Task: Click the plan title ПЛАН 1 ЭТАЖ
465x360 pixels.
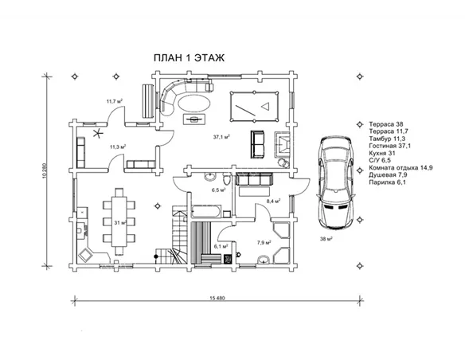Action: click(x=189, y=58)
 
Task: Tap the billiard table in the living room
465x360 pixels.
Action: click(x=255, y=106)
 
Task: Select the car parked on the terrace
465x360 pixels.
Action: click(x=336, y=182)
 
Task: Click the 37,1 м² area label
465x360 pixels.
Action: click(x=221, y=137)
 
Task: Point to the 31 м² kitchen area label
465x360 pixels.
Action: click(x=121, y=223)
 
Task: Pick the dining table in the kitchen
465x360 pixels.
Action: click(x=119, y=221)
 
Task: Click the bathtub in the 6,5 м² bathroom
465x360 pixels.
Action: click(x=205, y=211)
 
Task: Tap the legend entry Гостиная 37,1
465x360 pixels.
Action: click(x=390, y=146)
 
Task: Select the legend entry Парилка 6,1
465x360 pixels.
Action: click(x=387, y=182)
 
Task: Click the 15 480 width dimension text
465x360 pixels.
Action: click(x=217, y=298)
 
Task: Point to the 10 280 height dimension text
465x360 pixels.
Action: click(x=45, y=170)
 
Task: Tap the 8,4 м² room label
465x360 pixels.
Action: click(x=273, y=201)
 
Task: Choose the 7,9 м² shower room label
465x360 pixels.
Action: click(x=264, y=243)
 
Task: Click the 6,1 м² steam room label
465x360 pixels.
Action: click(x=221, y=246)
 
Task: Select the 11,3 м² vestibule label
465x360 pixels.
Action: click(x=118, y=147)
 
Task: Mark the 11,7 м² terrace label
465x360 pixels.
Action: click(x=115, y=101)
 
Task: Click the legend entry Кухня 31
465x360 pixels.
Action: click(x=382, y=153)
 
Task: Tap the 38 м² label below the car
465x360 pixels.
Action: click(x=326, y=239)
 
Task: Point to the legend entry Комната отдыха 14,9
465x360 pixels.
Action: click(x=401, y=168)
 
